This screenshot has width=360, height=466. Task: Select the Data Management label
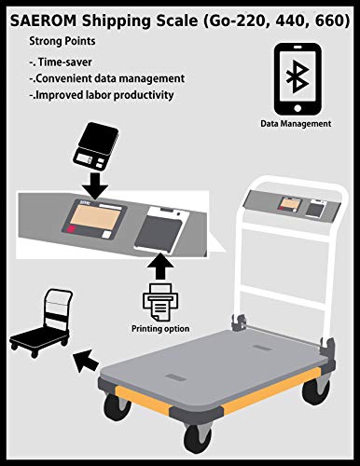point(297,123)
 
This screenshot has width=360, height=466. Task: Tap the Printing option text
point(159,328)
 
